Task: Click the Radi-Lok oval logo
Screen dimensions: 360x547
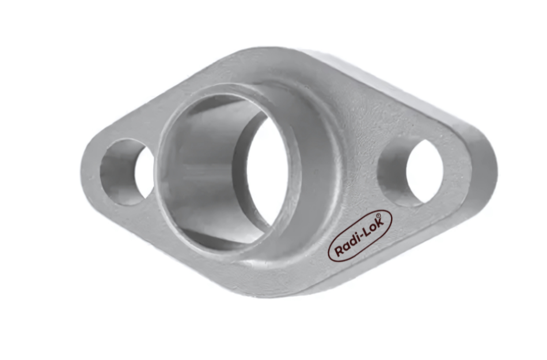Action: click(360, 235)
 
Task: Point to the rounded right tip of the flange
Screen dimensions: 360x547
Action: click(492, 167)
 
